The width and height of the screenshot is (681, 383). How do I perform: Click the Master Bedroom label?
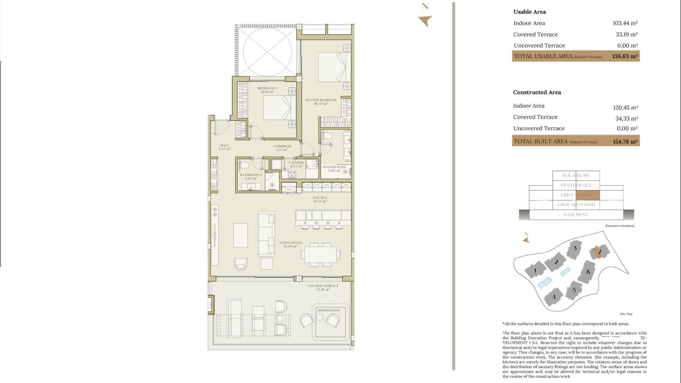tap(321, 102)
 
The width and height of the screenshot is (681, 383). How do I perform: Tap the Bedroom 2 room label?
tap(267, 90)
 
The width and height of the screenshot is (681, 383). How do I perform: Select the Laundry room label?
tap(296, 164)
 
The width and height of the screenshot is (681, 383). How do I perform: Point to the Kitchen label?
tap(320, 199)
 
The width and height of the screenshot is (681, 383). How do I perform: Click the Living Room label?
tap(290, 244)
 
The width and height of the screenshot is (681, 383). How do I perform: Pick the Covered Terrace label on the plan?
tap(322, 287)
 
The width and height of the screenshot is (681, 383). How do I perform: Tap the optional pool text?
tap(328, 310)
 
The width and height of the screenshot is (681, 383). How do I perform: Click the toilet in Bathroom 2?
tap(244, 165)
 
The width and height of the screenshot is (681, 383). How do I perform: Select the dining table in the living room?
tap(321, 254)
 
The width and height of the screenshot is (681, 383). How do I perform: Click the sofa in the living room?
tap(266, 234)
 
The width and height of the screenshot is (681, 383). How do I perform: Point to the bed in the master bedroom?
tap(332, 67)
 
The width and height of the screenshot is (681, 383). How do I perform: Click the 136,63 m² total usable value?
tap(625, 56)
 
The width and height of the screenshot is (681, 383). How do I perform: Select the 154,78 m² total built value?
tap(625, 141)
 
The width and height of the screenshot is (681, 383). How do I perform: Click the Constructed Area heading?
tap(537, 92)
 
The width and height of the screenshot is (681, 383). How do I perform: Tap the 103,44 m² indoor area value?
tap(625, 23)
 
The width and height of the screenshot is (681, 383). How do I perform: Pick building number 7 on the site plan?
tap(599, 252)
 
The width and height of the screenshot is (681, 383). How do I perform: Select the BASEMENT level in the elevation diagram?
tap(576, 215)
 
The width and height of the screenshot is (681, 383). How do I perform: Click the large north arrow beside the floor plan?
tap(425, 21)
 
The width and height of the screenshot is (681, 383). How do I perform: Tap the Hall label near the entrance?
tap(225, 147)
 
